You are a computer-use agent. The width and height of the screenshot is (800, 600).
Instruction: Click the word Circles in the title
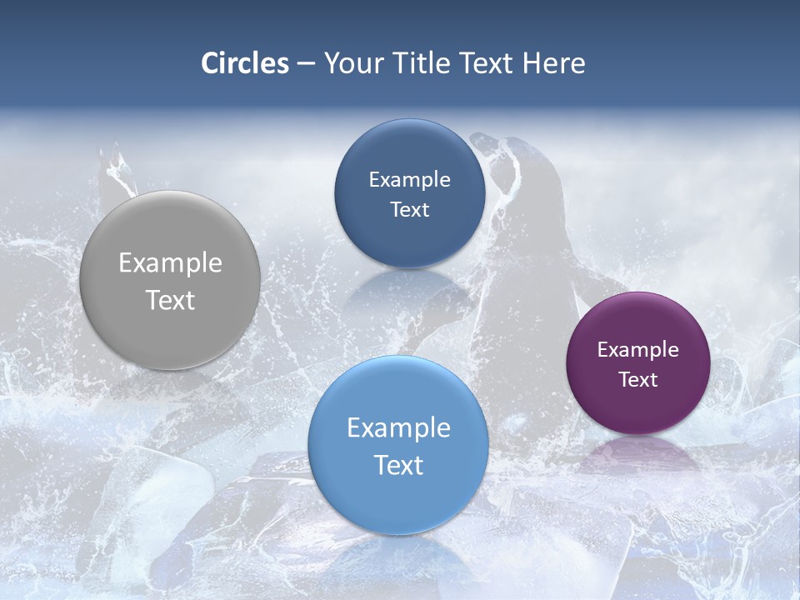(x=244, y=63)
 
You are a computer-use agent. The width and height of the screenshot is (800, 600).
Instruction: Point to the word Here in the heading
(x=553, y=63)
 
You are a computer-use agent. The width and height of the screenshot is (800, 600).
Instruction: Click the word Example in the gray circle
(x=170, y=262)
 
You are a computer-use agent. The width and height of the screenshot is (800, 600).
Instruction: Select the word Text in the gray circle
(x=170, y=300)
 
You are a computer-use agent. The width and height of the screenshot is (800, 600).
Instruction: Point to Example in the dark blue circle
(x=409, y=179)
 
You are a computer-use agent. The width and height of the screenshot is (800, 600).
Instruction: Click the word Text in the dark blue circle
(x=409, y=209)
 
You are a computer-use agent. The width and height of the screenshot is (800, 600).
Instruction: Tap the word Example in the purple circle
(x=637, y=349)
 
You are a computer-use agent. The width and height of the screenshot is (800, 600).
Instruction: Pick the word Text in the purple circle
(x=637, y=379)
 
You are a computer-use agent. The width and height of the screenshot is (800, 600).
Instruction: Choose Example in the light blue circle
(x=398, y=427)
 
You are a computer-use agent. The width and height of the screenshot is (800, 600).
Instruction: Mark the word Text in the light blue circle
(x=398, y=465)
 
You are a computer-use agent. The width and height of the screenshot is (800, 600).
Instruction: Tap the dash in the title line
(x=306, y=64)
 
